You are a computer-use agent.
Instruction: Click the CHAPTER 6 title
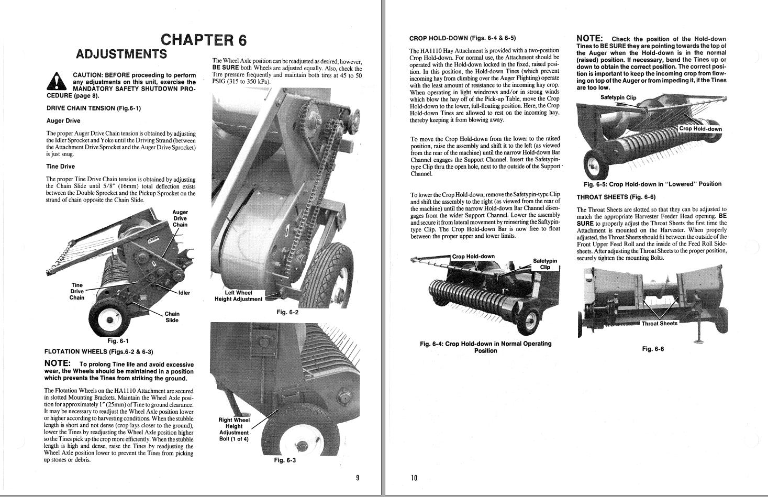coord(203,40)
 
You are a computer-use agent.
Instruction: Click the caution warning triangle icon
coord(55,82)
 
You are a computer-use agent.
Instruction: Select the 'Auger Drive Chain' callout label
coord(180,218)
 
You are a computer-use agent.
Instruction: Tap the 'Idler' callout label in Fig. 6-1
coord(184,293)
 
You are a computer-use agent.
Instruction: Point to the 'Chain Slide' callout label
coord(172,317)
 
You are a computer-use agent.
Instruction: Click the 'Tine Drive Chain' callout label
coord(77,291)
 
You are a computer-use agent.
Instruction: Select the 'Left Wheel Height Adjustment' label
coord(238,296)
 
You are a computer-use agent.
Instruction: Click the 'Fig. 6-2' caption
coord(287,312)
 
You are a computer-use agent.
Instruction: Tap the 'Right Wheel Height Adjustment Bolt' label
coord(234,429)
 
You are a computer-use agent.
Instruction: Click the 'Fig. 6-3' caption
coord(285,460)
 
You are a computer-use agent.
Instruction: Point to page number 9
coord(357,478)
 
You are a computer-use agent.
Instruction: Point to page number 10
coord(414,478)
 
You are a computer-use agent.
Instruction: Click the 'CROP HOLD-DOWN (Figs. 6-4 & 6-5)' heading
coord(462,38)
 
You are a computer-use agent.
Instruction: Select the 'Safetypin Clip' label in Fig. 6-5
coord(618,97)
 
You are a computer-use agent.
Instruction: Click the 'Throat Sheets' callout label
coord(659,323)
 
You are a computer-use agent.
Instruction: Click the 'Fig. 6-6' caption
coord(652,349)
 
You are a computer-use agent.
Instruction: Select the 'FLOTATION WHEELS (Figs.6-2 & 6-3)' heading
coord(99,351)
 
